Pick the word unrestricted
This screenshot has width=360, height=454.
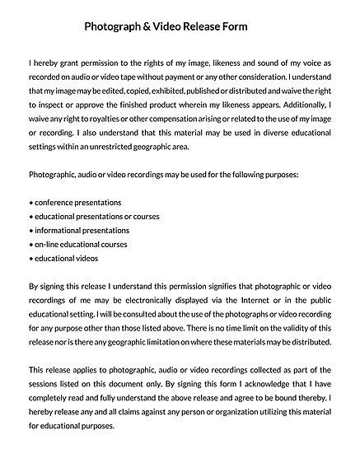click(110, 147)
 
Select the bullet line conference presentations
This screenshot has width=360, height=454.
click(75, 203)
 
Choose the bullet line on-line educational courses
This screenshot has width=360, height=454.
click(78, 245)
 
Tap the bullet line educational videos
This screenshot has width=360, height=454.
click(64, 259)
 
